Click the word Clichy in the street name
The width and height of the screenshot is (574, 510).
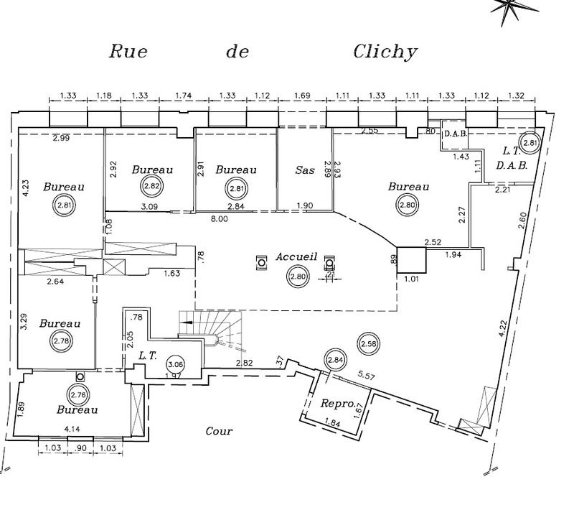click(385, 52)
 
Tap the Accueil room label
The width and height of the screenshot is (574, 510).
click(296, 257)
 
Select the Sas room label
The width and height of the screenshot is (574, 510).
click(306, 170)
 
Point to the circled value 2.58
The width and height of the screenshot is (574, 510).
click(368, 344)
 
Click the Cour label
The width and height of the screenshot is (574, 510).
click(219, 431)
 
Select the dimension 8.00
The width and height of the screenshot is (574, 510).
click(219, 219)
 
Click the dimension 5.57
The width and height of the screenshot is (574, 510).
click(366, 375)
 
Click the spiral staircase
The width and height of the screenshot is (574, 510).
click(208, 331)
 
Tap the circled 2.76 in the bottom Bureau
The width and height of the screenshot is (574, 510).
click(77, 394)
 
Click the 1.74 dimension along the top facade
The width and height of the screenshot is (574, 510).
click(183, 96)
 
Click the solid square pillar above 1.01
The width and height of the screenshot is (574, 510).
click(411, 261)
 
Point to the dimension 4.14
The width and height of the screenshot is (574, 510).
click(71, 430)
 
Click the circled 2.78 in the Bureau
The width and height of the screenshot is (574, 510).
click(60, 342)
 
